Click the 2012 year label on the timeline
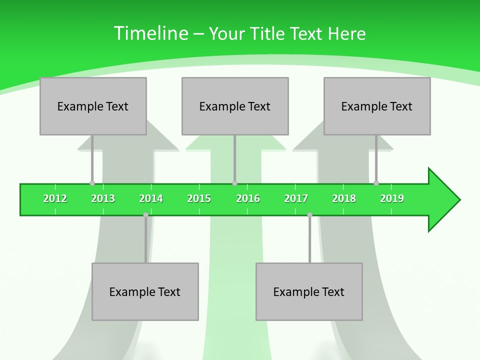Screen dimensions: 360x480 (x=55, y=198)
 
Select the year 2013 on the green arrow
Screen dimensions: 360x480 (x=103, y=198)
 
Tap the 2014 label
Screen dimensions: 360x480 (x=151, y=198)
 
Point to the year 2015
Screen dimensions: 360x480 (x=199, y=198)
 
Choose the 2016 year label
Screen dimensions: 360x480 (x=248, y=198)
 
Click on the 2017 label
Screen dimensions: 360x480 (x=296, y=198)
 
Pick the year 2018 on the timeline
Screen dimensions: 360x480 (x=344, y=198)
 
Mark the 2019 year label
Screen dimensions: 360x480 (x=392, y=198)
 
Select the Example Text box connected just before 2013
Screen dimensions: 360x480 (x=93, y=106)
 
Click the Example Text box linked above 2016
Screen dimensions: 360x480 (x=235, y=106)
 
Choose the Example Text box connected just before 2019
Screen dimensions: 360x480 (x=377, y=106)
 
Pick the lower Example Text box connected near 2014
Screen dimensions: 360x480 (x=145, y=291)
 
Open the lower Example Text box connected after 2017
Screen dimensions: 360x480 (x=309, y=291)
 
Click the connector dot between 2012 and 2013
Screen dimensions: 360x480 (x=92, y=183)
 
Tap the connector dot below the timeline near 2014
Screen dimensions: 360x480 (x=145, y=215)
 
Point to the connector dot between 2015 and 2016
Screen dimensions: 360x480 (x=234, y=183)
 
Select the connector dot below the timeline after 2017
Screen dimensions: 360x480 (x=309, y=215)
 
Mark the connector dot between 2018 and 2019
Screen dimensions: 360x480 (x=376, y=183)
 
